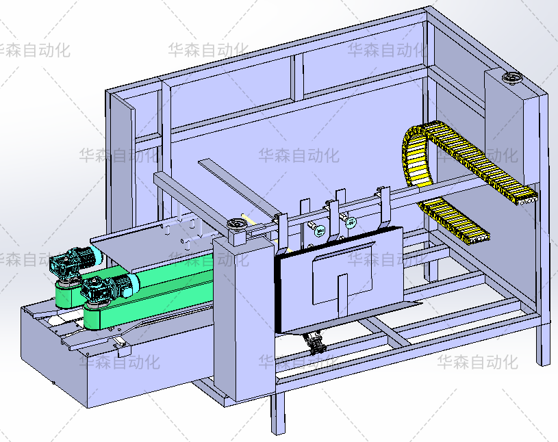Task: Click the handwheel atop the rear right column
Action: tap(511, 78)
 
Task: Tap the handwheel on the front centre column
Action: tap(236, 224)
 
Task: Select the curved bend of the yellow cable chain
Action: tap(416, 153)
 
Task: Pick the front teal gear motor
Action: tap(109, 288)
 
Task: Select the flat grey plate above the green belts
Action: tap(151, 246)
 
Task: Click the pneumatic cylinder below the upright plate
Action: tap(314, 342)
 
